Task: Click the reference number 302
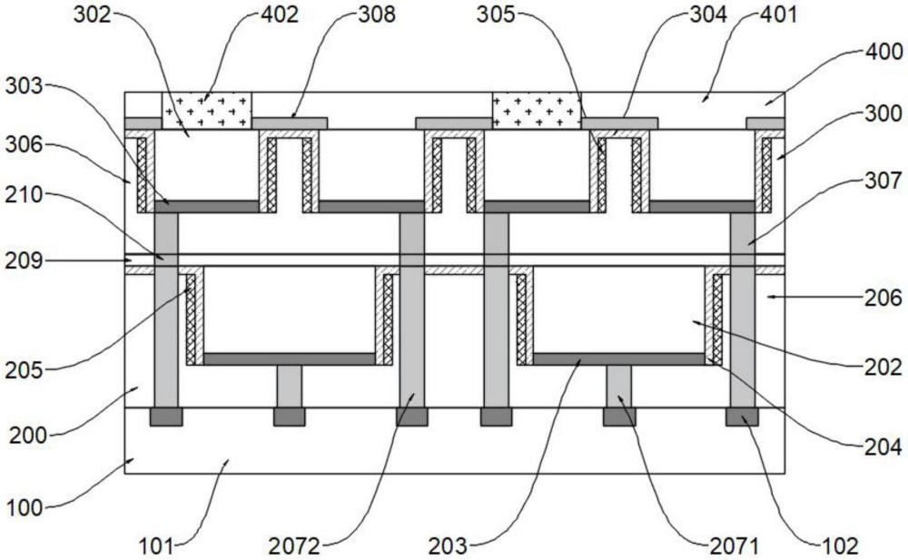(92, 14)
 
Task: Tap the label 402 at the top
(279, 14)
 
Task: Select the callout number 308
(377, 14)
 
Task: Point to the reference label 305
(496, 14)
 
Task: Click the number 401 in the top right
(778, 14)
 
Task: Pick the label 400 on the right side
(883, 52)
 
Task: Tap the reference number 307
(883, 181)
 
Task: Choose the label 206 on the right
(883, 298)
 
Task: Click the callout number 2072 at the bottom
(294, 545)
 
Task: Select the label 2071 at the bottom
(734, 545)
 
